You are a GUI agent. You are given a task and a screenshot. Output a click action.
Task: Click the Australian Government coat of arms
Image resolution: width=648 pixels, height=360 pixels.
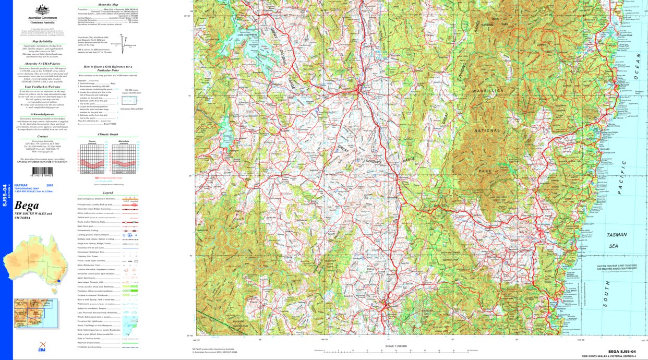[43, 9]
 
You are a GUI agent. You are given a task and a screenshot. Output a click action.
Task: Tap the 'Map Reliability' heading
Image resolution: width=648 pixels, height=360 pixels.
[43, 41]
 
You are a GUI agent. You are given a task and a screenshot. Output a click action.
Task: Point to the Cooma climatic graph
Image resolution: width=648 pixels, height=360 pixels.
[92, 157]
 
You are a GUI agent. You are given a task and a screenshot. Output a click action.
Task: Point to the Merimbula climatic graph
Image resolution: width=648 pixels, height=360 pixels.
[124, 157]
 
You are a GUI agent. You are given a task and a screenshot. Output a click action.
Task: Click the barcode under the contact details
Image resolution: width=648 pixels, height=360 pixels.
[43, 172]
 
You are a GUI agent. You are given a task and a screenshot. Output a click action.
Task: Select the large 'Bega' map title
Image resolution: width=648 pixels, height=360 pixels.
[27, 206]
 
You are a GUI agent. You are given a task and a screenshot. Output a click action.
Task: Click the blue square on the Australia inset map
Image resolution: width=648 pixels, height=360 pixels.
[59, 281]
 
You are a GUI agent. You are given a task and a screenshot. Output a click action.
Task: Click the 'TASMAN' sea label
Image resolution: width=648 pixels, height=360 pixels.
[619, 235]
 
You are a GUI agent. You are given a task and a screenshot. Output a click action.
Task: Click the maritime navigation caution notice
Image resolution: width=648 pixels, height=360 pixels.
[617, 267]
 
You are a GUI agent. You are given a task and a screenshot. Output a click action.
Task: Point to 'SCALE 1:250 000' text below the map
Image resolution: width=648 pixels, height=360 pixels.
[396, 346]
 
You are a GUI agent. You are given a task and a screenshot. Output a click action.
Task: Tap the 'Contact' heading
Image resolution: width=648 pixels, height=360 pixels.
[43, 137]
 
